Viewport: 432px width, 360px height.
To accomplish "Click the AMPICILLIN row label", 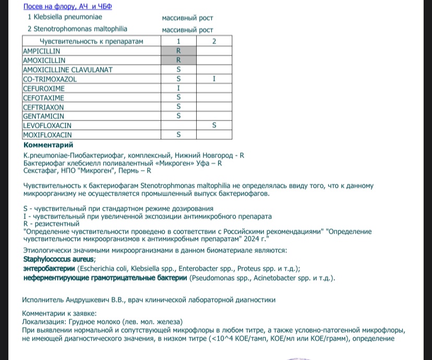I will pyautogui.click(x=42, y=51).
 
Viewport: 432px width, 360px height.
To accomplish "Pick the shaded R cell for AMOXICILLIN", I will pyautogui.click(x=178, y=60).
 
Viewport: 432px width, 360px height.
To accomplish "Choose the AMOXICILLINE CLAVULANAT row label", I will pyautogui.click(x=68, y=69).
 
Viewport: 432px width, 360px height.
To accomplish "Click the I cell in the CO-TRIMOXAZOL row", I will pyautogui.click(x=214, y=79).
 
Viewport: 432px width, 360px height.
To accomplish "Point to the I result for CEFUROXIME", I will pyautogui.click(x=178, y=88).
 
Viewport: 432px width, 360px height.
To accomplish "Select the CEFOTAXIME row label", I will pyautogui.click(x=44, y=98).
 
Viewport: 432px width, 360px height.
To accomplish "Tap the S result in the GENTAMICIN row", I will pyautogui.click(x=178, y=116).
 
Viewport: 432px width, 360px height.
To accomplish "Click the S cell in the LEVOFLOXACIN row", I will pyautogui.click(x=214, y=126).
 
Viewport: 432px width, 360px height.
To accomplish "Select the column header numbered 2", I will pyautogui.click(x=214, y=41).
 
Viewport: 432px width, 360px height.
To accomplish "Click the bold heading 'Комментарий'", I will pyautogui.click(x=49, y=145).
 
